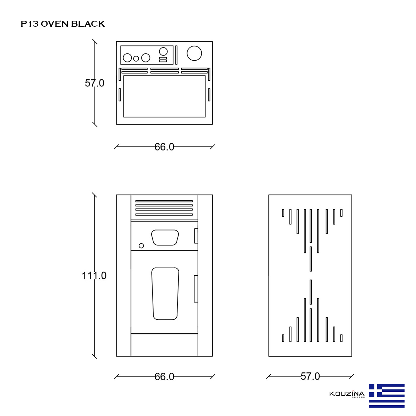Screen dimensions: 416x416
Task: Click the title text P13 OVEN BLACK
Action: (63, 24)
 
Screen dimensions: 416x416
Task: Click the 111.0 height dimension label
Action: (94, 276)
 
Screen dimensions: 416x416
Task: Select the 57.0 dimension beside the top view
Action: (95, 83)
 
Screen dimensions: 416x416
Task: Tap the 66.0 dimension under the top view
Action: (164, 147)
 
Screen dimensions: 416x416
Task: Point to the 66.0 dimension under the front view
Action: (164, 377)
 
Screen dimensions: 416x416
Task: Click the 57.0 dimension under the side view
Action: (310, 376)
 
